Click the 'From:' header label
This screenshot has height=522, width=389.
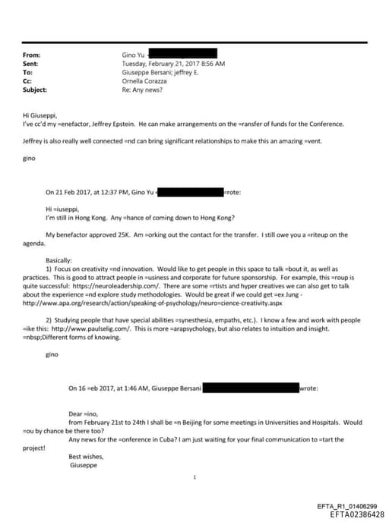33,55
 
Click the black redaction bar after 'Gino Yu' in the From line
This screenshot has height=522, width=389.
183,55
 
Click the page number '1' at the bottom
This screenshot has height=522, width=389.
194,477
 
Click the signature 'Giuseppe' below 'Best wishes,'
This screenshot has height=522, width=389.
84,464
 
